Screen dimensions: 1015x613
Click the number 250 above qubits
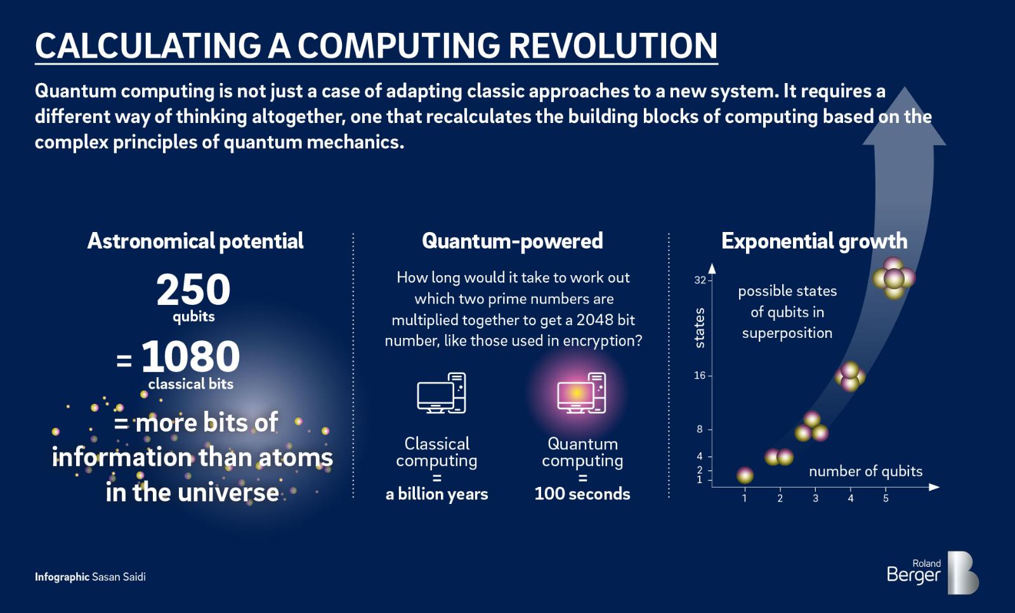(x=193, y=289)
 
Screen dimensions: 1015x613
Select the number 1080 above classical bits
(x=190, y=356)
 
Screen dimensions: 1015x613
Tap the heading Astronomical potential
(x=195, y=241)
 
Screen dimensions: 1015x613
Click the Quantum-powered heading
(x=512, y=241)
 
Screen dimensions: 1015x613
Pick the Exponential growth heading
(x=815, y=241)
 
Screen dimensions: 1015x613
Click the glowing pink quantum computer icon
(x=582, y=392)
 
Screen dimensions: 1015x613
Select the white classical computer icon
(x=442, y=392)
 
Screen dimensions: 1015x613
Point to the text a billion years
(x=437, y=494)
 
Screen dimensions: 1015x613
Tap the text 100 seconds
(x=582, y=493)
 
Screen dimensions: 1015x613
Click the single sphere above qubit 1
(x=745, y=475)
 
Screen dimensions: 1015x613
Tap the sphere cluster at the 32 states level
(x=894, y=278)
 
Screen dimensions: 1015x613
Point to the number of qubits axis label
(x=865, y=471)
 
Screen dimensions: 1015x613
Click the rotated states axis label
(x=700, y=328)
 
